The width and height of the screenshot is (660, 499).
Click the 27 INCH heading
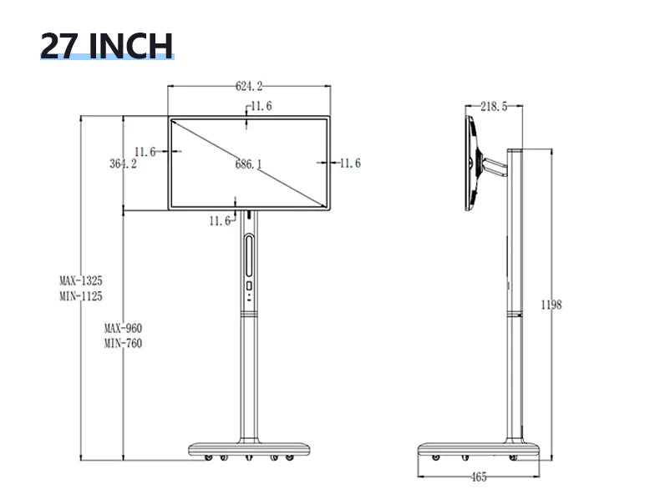pyautogui.click(x=107, y=45)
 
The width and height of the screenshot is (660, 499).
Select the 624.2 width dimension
pyautogui.click(x=249, y=86)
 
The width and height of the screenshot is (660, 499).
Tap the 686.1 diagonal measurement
pyautogui.click(x=248, y=164)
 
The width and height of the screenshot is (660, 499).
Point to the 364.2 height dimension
pyautogui.click(x=123, y=163)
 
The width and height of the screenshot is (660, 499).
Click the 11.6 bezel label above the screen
pyautogui.click(x=261, y=106)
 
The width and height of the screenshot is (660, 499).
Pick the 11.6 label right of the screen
pyautogui.click(x=350, y=163)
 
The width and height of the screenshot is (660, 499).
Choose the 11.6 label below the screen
pyautogui.click(x=221, y=220)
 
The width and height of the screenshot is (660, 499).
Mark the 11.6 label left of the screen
pyautogui.click(x=145, y=152)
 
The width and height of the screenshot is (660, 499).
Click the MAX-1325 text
pyautogui.click(x=81, y=280)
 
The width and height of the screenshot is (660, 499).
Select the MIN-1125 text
pyautogui.click(x=81, y=296)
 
